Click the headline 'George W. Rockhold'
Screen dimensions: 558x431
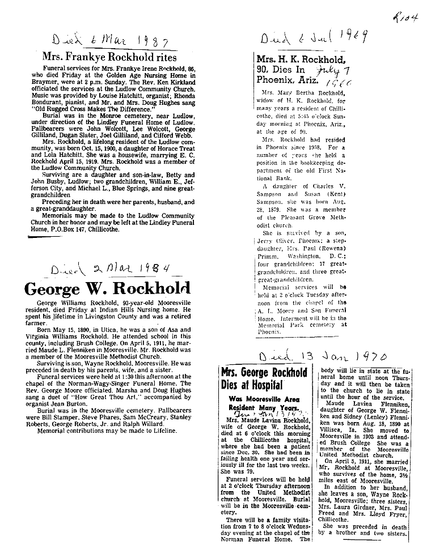click(x=107, y=288)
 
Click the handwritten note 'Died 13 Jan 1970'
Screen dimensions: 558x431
click(x=322, y=357)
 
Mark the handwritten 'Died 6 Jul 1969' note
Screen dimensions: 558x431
click(x=313, y=38)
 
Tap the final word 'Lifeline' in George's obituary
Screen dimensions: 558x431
click(x=161, y=431)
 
